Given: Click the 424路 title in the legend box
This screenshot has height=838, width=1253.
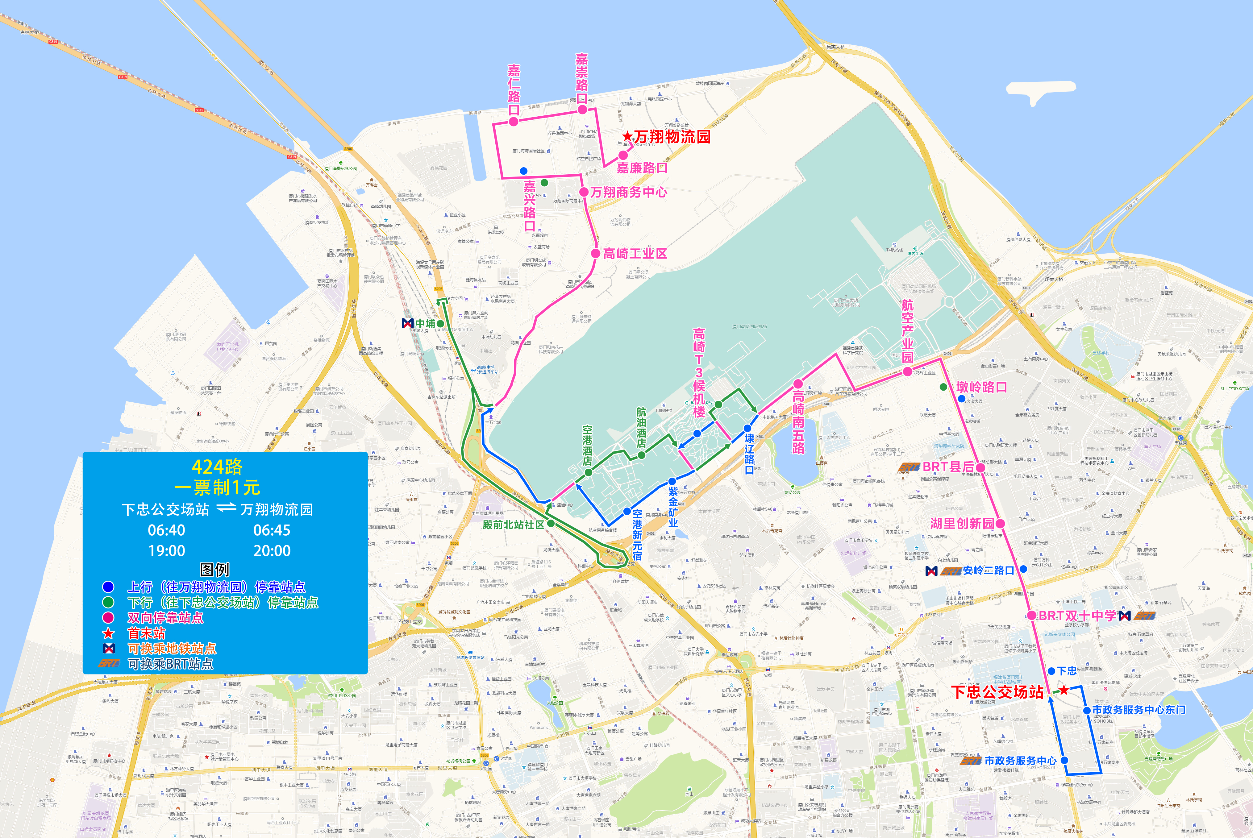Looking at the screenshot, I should pos(217,467).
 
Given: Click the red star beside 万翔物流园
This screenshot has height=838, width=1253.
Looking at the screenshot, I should pos(627,137).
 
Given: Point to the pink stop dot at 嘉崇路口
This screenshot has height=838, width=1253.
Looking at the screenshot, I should pos(582,110).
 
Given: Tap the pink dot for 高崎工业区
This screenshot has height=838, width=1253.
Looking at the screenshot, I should pos(596,253).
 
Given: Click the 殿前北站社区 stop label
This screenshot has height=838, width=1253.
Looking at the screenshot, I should pos(513,524).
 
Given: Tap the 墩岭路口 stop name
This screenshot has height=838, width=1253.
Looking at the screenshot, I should pos(981,387).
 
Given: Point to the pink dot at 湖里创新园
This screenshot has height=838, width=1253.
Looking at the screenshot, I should pos(1000,523).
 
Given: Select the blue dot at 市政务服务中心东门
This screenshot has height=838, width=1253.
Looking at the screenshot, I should pos(1087,710).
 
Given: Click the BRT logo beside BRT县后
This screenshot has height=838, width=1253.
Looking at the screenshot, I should pos(909,467).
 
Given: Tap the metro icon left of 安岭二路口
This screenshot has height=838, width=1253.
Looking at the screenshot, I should pos(931,571).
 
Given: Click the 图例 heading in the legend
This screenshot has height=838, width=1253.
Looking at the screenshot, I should pos(214,570).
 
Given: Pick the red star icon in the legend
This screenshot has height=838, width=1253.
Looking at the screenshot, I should pos(109,633).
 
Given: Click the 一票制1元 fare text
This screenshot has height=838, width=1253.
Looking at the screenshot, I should pos(217,487).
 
